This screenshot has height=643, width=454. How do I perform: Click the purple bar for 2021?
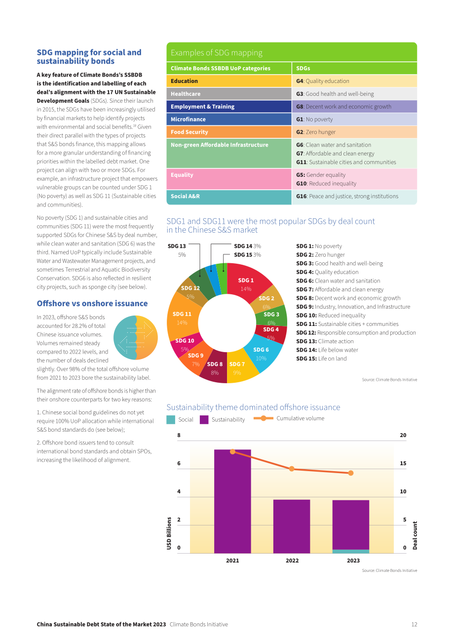coord(232,501)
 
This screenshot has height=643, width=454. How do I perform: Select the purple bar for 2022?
coord(291,526)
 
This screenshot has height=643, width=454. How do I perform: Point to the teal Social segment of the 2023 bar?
coord(350,551)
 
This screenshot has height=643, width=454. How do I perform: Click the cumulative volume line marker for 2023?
coord(350,473)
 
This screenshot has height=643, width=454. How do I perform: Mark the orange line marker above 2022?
coord(291,469)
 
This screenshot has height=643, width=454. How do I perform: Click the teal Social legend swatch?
coord(171,420)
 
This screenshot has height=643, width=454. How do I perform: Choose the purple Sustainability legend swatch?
coord(204,420)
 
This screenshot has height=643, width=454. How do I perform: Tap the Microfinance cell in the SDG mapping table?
coord(229,119)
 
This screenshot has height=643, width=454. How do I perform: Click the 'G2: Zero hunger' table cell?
coord(354,132)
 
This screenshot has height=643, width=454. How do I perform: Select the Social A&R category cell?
coord(229,197)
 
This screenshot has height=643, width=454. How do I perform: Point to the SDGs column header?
coord(354,68)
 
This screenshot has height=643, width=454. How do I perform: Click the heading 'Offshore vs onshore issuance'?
coord(92,303)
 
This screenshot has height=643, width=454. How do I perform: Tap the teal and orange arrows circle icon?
coord(136,338)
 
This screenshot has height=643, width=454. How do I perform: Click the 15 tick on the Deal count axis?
coord(403,463)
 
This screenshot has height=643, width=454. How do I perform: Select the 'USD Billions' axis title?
coord(169,533)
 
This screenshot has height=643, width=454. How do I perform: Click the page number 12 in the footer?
coord(414,624)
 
